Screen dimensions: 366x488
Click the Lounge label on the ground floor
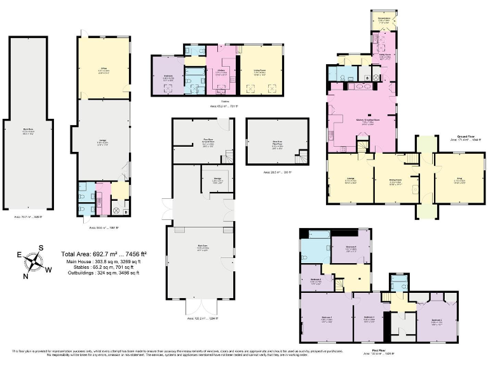click(x=349, y=180)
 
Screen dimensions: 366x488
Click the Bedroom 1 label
click(x=327, y=320)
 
